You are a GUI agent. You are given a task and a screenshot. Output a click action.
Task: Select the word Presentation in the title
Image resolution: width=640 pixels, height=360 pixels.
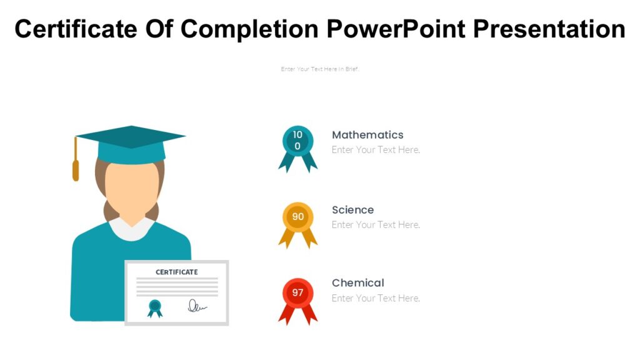point(550,29)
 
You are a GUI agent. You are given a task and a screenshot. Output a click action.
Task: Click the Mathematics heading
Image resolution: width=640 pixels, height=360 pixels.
point(367,135)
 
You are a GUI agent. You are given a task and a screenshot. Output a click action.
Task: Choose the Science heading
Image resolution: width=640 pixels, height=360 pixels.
point(352,210)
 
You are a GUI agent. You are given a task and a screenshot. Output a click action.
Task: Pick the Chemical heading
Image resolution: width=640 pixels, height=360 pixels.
point(357,283)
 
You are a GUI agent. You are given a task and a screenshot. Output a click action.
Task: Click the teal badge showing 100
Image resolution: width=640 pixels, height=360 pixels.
point(297,141)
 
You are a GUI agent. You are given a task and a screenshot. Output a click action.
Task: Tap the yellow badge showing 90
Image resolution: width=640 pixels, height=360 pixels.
point(298,217)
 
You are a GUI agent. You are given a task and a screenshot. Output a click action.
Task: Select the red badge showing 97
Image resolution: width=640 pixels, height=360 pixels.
point(298,292)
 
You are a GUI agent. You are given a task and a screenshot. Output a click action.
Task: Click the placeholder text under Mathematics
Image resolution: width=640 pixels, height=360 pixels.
point(376,150)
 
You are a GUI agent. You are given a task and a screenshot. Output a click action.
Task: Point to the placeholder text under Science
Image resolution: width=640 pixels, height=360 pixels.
point(376,225)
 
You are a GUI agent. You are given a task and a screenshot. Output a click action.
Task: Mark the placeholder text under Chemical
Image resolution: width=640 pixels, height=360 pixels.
point(376,298)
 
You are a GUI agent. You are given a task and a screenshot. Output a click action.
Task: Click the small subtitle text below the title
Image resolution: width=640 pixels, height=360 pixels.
point(320,69)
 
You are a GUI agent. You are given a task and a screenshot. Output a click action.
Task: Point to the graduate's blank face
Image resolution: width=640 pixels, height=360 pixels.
point(131,187)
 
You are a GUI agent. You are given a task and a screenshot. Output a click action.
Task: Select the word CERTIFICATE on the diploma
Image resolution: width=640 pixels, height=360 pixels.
point(177,272)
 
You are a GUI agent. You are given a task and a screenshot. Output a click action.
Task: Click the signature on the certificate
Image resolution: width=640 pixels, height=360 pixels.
point(197,306)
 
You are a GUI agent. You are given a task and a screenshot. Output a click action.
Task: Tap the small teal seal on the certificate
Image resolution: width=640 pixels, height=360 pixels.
point(155,307)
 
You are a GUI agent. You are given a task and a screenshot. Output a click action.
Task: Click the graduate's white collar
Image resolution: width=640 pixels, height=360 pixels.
point(131,229)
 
